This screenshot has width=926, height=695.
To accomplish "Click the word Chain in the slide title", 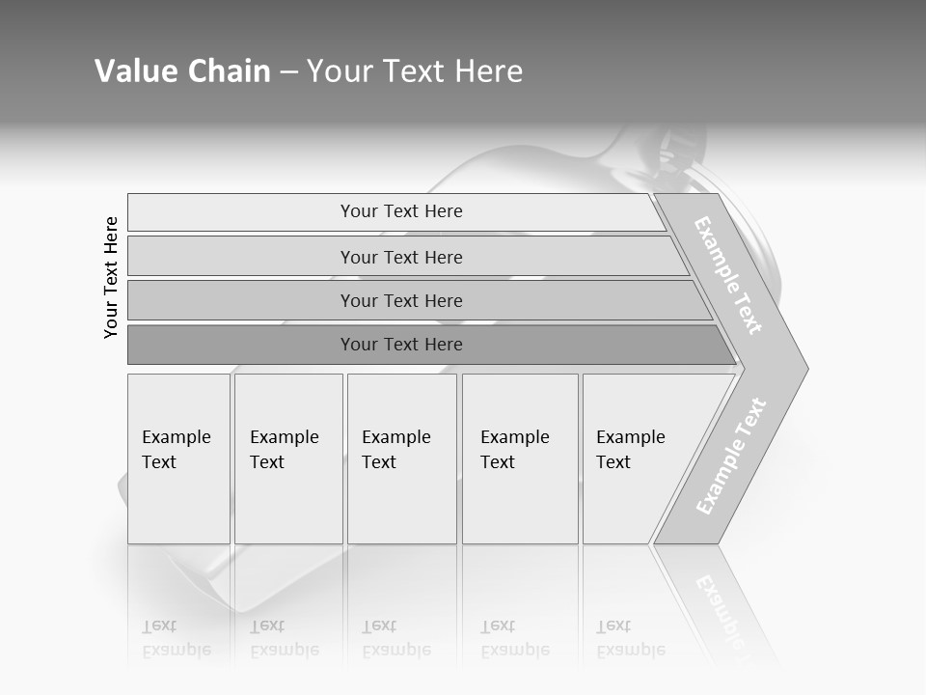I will (229, 71).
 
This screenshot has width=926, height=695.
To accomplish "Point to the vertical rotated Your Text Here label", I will (111, 277).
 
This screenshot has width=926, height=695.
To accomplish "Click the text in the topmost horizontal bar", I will (401, 211).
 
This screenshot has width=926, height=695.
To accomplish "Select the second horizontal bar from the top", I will (401, 257).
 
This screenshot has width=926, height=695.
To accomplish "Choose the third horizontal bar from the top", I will (401, 300).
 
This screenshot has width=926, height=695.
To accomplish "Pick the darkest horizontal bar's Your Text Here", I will (401, 345).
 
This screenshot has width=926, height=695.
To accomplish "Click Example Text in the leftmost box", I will (176, 450).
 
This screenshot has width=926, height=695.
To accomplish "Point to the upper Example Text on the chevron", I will (729, 275).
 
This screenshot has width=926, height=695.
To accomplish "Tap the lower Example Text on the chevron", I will (731, 457).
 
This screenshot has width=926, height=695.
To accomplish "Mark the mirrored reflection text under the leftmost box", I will (176, 639).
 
